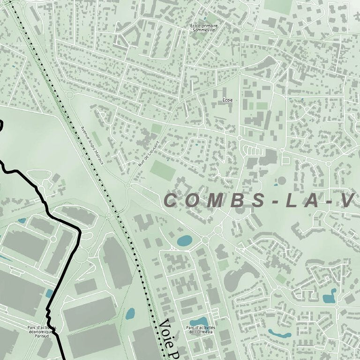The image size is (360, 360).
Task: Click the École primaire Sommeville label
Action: pos(203,28)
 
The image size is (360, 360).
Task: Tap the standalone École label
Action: pos(228,100)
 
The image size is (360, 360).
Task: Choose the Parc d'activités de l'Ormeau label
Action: pos(200,330)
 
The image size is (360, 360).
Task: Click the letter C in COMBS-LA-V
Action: pos(171,201)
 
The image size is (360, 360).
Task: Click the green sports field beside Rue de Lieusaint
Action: pos(163,171)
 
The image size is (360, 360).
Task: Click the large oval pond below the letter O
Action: pos(184,241)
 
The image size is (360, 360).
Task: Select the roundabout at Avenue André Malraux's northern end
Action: pos(70,95)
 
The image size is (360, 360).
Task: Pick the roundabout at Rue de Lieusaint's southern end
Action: pos(128,186)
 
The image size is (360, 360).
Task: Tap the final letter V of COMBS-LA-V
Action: pos(347,201)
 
